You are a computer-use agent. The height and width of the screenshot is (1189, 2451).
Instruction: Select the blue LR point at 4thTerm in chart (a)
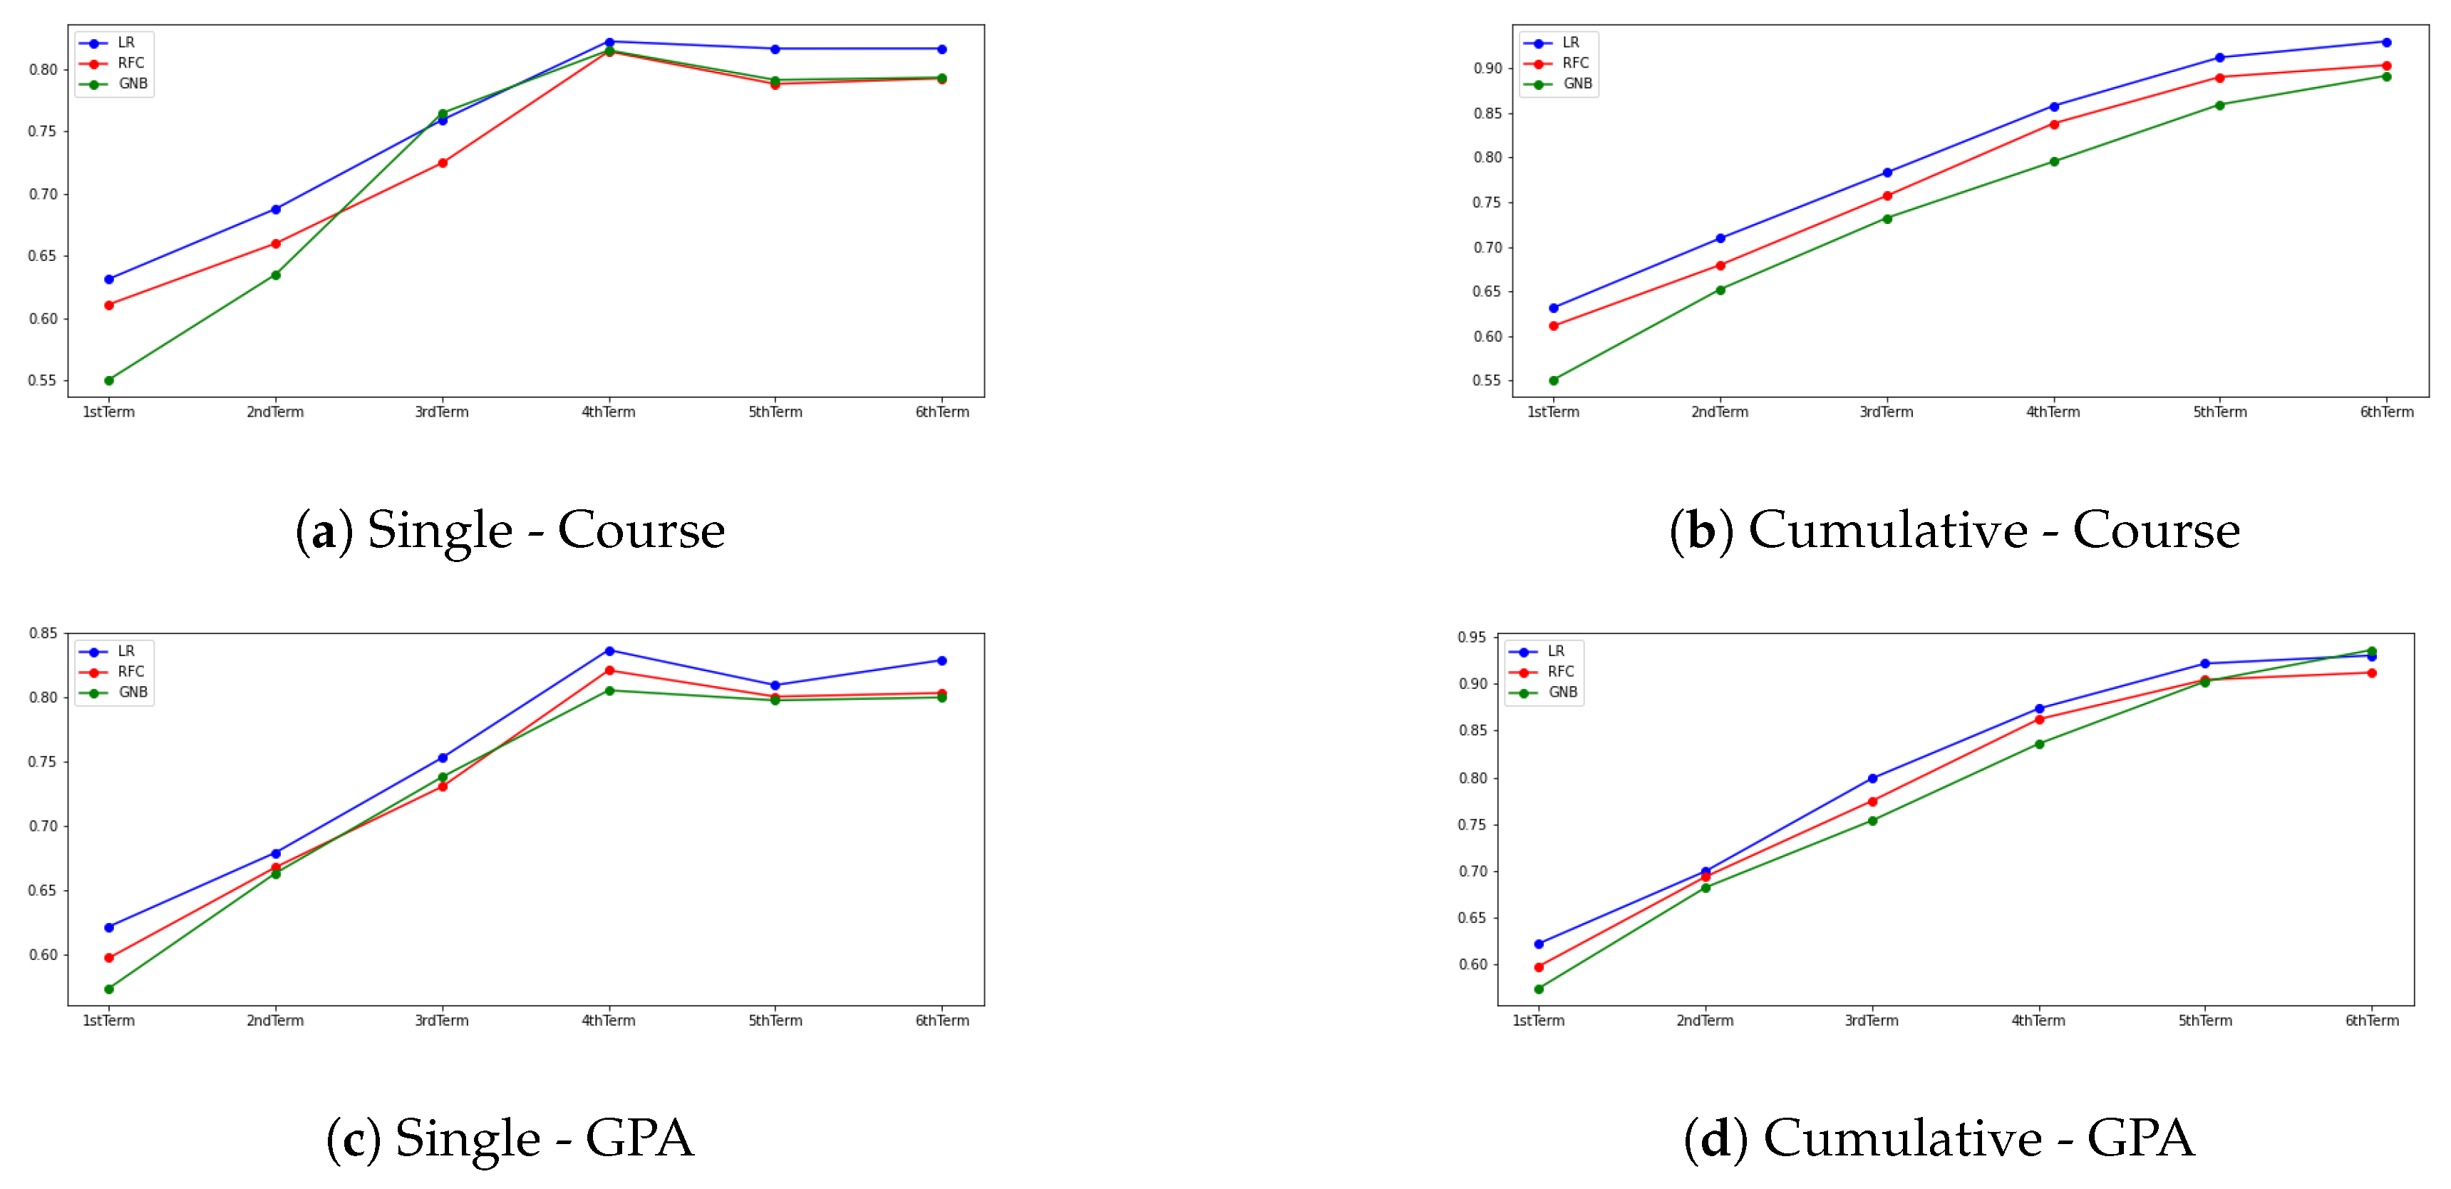coord(609,42)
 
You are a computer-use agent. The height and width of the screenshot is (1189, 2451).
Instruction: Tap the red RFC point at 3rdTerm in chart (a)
coord(443,163)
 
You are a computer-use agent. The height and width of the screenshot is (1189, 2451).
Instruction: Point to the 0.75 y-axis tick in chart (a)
coord(42,131)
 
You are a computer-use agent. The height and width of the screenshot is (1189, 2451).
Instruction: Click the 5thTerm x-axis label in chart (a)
coord(775,412)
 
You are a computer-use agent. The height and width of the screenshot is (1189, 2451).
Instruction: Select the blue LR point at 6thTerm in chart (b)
coord(2386,42)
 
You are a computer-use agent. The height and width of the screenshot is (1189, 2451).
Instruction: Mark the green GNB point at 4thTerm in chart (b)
coord(2054,162)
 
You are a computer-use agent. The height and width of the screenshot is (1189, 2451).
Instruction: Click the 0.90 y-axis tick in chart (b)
coord(1487,68)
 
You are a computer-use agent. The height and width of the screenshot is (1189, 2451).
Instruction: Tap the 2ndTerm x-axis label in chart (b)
coord(1719,412)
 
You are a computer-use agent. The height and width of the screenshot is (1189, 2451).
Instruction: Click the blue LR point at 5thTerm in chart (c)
coord(775,685)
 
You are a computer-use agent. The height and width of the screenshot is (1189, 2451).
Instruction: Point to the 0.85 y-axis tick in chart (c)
coord(42,633)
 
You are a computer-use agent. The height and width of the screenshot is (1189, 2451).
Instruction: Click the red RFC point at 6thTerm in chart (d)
coord(2372,673)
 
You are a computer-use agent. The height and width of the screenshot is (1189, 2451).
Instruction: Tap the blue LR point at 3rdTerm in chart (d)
coord(1872,779)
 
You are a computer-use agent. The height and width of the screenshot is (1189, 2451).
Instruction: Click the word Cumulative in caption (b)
coord(1888,529)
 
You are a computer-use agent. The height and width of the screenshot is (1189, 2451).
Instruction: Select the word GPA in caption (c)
coord(639,1138)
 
